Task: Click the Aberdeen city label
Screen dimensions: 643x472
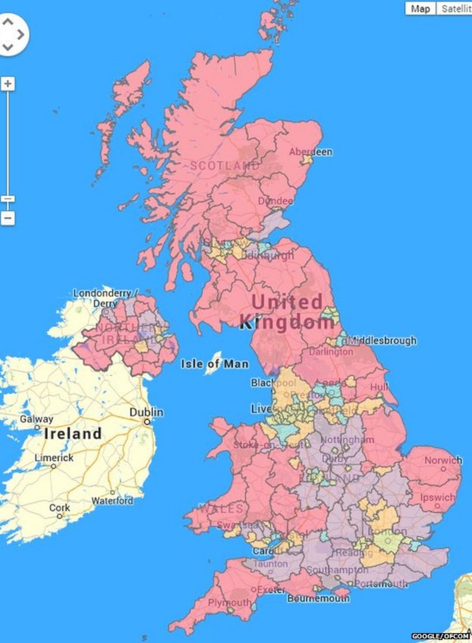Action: click(310, 152)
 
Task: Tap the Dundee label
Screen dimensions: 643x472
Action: click(275, 201)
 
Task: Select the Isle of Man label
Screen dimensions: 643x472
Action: click(215, 363)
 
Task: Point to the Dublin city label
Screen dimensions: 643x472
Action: click(146, 412)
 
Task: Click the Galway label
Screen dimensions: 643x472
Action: click(36, 419)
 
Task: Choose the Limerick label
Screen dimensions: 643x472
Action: click(54, 458)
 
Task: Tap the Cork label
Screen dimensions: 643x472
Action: click(59, 508)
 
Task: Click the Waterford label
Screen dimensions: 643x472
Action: click(112, 501)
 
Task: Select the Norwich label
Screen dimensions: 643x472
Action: click(443, 460)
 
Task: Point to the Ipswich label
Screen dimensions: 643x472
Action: click(437, 497)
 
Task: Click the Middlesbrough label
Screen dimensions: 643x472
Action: click(382, 341)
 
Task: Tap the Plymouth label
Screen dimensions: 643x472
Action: click(230, 603)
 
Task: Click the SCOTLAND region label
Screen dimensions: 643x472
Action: click(224, 165)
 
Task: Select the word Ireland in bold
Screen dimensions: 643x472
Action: click(73, 433)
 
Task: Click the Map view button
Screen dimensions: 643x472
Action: click(420, 8)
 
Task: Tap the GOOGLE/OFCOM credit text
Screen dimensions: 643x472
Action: click(440, 636)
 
